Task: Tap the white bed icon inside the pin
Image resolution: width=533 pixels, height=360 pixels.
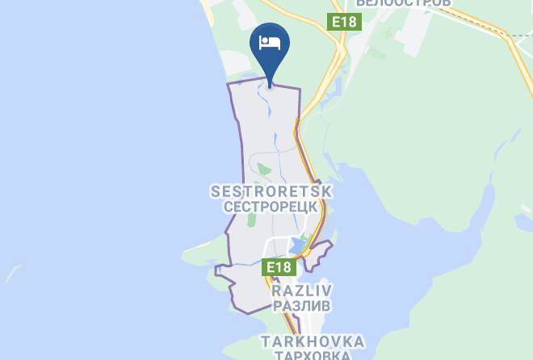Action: click(271, 44)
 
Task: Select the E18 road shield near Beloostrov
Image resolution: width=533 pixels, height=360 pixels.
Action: click(343, 22)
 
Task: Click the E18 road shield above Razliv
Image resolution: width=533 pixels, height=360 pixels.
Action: click(279, 267)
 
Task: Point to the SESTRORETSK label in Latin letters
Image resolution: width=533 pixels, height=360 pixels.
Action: click(271, 192)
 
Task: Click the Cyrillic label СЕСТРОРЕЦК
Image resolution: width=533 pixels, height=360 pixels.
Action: click(271, 207)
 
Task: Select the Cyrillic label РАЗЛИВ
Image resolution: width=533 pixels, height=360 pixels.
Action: click(303, 306)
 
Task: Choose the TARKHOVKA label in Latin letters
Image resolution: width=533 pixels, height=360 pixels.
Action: click(312, 342)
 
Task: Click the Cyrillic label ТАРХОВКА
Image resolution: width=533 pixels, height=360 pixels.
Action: click(312, 355)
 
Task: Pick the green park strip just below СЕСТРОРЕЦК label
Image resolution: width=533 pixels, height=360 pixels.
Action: click(251, 219)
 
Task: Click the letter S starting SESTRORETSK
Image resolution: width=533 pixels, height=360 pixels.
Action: click(215, 192)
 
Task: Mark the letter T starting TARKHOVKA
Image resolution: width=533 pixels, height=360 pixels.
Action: click(264, 342)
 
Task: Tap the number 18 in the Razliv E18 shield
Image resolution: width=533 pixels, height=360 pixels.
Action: click(283, 267)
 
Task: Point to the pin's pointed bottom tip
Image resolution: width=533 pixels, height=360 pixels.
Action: click(271, 81)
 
